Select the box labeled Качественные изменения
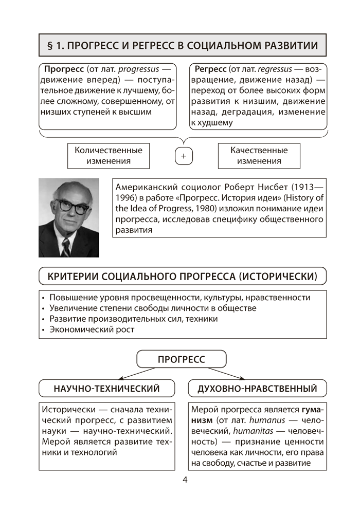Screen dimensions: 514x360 point(259,155)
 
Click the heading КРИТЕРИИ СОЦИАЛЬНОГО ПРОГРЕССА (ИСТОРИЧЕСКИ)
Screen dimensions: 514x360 point(183,277)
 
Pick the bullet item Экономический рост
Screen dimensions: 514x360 point(92,330)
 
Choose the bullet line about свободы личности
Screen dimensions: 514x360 point(152,308)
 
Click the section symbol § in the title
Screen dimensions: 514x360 point(50,45)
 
